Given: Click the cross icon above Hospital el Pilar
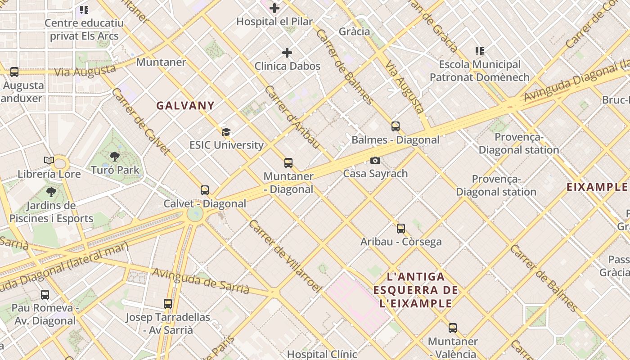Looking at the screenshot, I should [x=274, y=8].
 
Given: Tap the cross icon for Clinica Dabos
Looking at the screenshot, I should [x=287, y=53].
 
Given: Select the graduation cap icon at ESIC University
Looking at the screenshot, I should [x=226, y=132].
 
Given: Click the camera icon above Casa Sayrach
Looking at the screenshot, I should [x=375, y=160].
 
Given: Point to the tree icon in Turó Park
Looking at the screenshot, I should [x=115, y=157].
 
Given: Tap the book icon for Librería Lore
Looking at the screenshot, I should [x=49, y=160].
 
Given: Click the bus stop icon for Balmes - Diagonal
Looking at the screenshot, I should [x=396, y=126].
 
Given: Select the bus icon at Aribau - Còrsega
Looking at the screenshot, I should [x=401, y=229].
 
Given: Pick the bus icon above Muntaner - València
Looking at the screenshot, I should [x=453, y=328].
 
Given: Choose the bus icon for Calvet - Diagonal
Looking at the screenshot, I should [x=205, y=190].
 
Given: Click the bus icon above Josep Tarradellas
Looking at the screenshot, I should [x=168, y=304].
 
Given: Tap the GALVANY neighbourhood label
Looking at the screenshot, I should [x=185, y=106].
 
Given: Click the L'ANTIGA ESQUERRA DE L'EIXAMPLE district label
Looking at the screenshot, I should [x=415, y=290].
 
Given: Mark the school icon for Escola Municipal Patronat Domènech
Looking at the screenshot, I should [x=480, y=51].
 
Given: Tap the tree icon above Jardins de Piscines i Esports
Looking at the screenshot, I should [x=51, y=192].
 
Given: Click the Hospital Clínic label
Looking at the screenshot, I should [x=322, y=354].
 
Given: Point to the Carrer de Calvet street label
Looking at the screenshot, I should [x=140, y=121].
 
